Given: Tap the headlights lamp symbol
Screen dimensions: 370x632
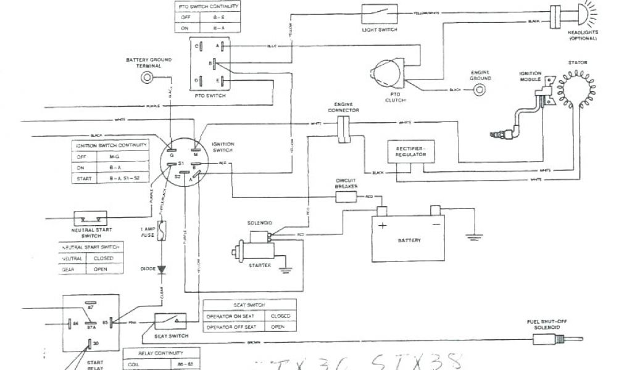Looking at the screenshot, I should point(580,14).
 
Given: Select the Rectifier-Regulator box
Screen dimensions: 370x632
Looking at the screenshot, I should point(407,152).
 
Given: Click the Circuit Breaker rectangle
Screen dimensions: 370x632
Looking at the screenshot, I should point(346,197).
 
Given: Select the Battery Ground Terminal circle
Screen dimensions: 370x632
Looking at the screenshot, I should point(148,78).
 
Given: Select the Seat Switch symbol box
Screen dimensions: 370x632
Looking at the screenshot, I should point(170,321).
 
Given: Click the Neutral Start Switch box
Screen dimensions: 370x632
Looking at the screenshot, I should point(91,219).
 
